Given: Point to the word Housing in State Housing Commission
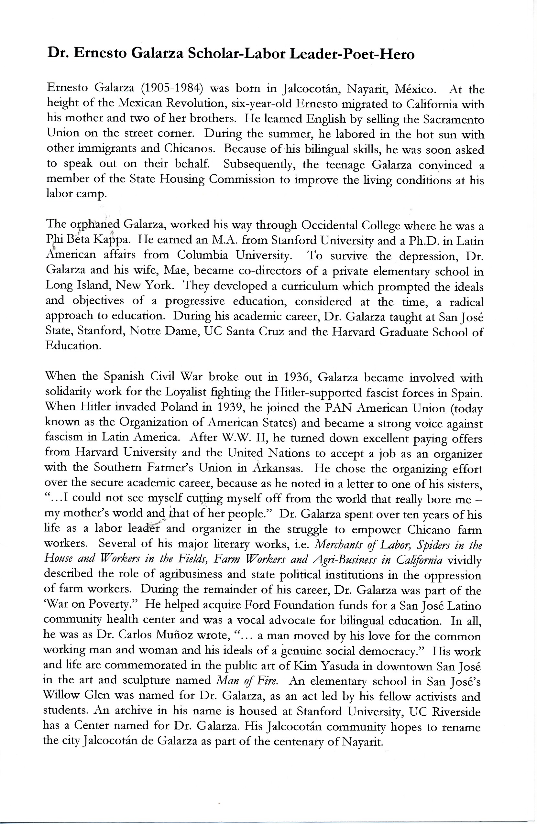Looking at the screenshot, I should (182, 179).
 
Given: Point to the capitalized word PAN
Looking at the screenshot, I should (338, 408).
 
